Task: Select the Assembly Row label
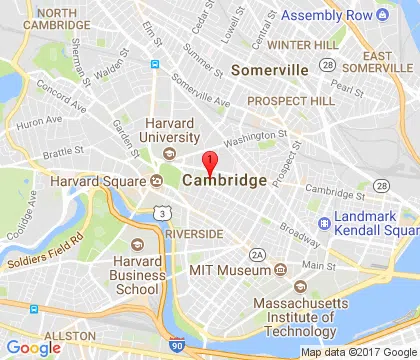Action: tap(331, 15)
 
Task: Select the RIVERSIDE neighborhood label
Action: tap(195, 233)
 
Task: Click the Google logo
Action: tap(32, 347)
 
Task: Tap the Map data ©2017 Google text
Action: tap(359, 352)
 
